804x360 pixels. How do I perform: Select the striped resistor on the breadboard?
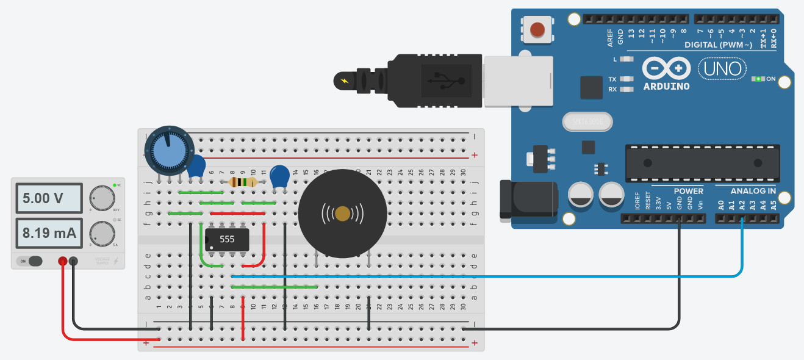click(242, 182)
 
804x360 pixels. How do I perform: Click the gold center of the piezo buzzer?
click(343, 214)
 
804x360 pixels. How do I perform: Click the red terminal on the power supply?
click(62, 261)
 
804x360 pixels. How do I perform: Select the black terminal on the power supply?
click(73, 261)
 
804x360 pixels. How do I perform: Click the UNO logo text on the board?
click(722, 68)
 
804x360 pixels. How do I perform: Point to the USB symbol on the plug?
click(447, 80)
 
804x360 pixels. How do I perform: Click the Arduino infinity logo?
click(666, 68)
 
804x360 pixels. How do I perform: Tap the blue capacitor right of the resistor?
click(279, 176)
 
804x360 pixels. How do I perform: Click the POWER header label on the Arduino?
click(688, 191)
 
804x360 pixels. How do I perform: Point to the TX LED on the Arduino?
click(626, 79)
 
